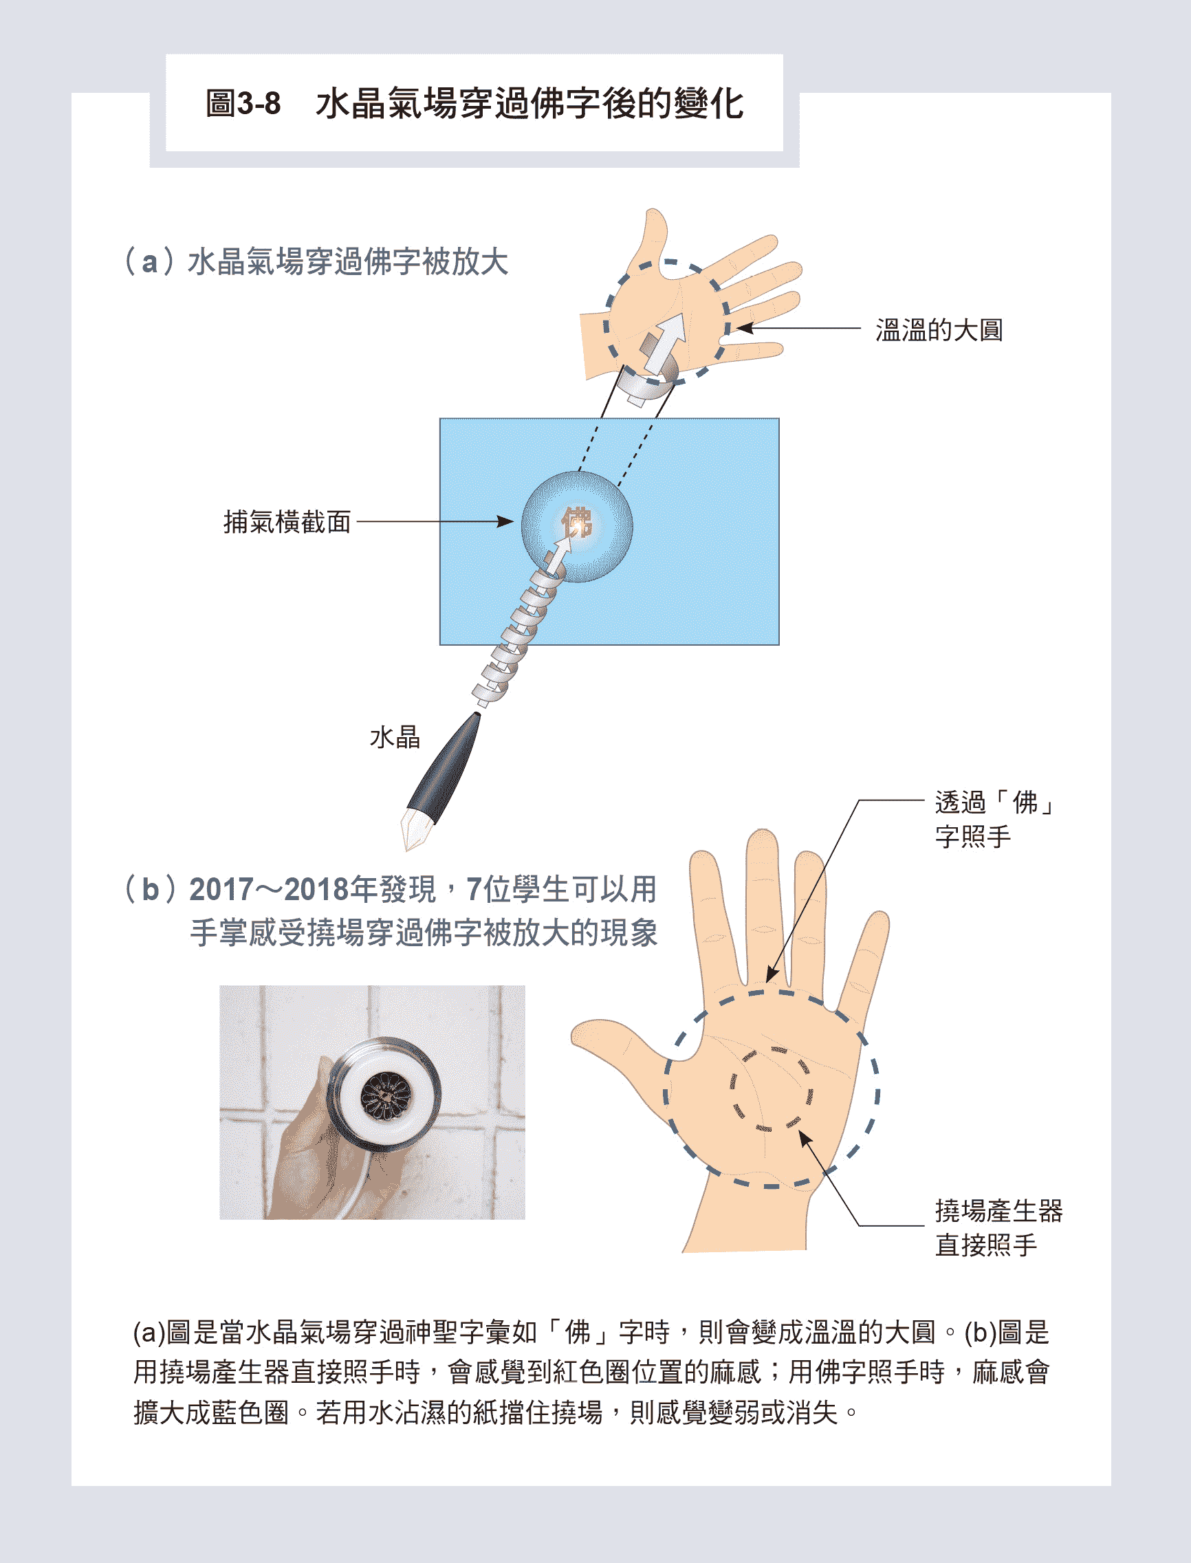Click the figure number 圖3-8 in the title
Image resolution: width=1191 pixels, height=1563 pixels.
click(243, 104)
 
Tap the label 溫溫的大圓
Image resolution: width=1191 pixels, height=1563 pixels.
click(939, 329)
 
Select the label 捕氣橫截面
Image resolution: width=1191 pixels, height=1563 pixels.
click(287, 522)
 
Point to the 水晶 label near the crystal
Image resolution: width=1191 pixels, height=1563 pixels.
click(395, 737)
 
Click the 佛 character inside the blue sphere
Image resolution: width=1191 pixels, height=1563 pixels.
click(577, 523)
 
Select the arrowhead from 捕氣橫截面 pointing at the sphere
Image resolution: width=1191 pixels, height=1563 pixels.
click(505, 522)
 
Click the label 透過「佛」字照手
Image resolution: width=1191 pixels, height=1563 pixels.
click(994, 820)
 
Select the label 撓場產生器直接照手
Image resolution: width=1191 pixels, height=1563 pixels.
click(998, 1227)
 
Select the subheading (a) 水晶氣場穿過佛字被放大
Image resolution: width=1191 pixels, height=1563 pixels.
click(316, 261)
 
